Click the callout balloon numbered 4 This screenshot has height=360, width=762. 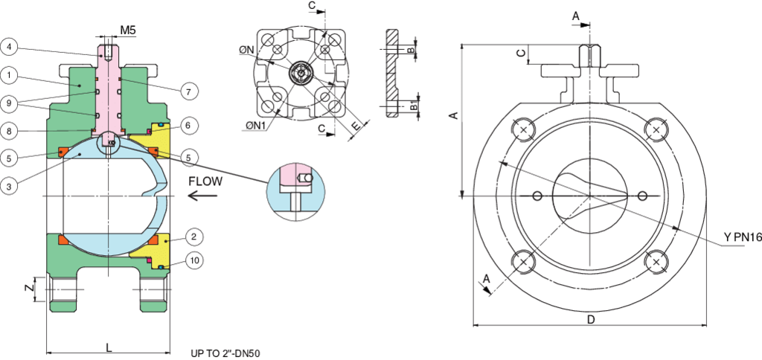tap(10, 47)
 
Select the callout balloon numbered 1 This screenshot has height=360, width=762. tap(10, 74)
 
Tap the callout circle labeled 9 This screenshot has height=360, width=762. tap(10, 103)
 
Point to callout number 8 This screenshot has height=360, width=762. tap(10, 130)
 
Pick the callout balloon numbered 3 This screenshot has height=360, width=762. tap(10, 186)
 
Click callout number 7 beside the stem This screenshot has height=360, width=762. tap(189, 91)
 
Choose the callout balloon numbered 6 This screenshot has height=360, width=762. tap(189, 126)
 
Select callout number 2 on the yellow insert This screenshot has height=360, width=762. tap(193, 237)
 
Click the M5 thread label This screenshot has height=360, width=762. tap(127, 30)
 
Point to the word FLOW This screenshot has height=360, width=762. tap(204, 181)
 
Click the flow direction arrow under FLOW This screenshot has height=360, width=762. tap(202, 196)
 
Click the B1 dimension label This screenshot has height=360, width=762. tap(414, 106)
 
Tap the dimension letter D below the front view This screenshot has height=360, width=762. tap(590, 320)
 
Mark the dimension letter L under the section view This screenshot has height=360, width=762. tap(109, 347)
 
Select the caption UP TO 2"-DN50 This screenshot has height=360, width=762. tap(225, 353)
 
